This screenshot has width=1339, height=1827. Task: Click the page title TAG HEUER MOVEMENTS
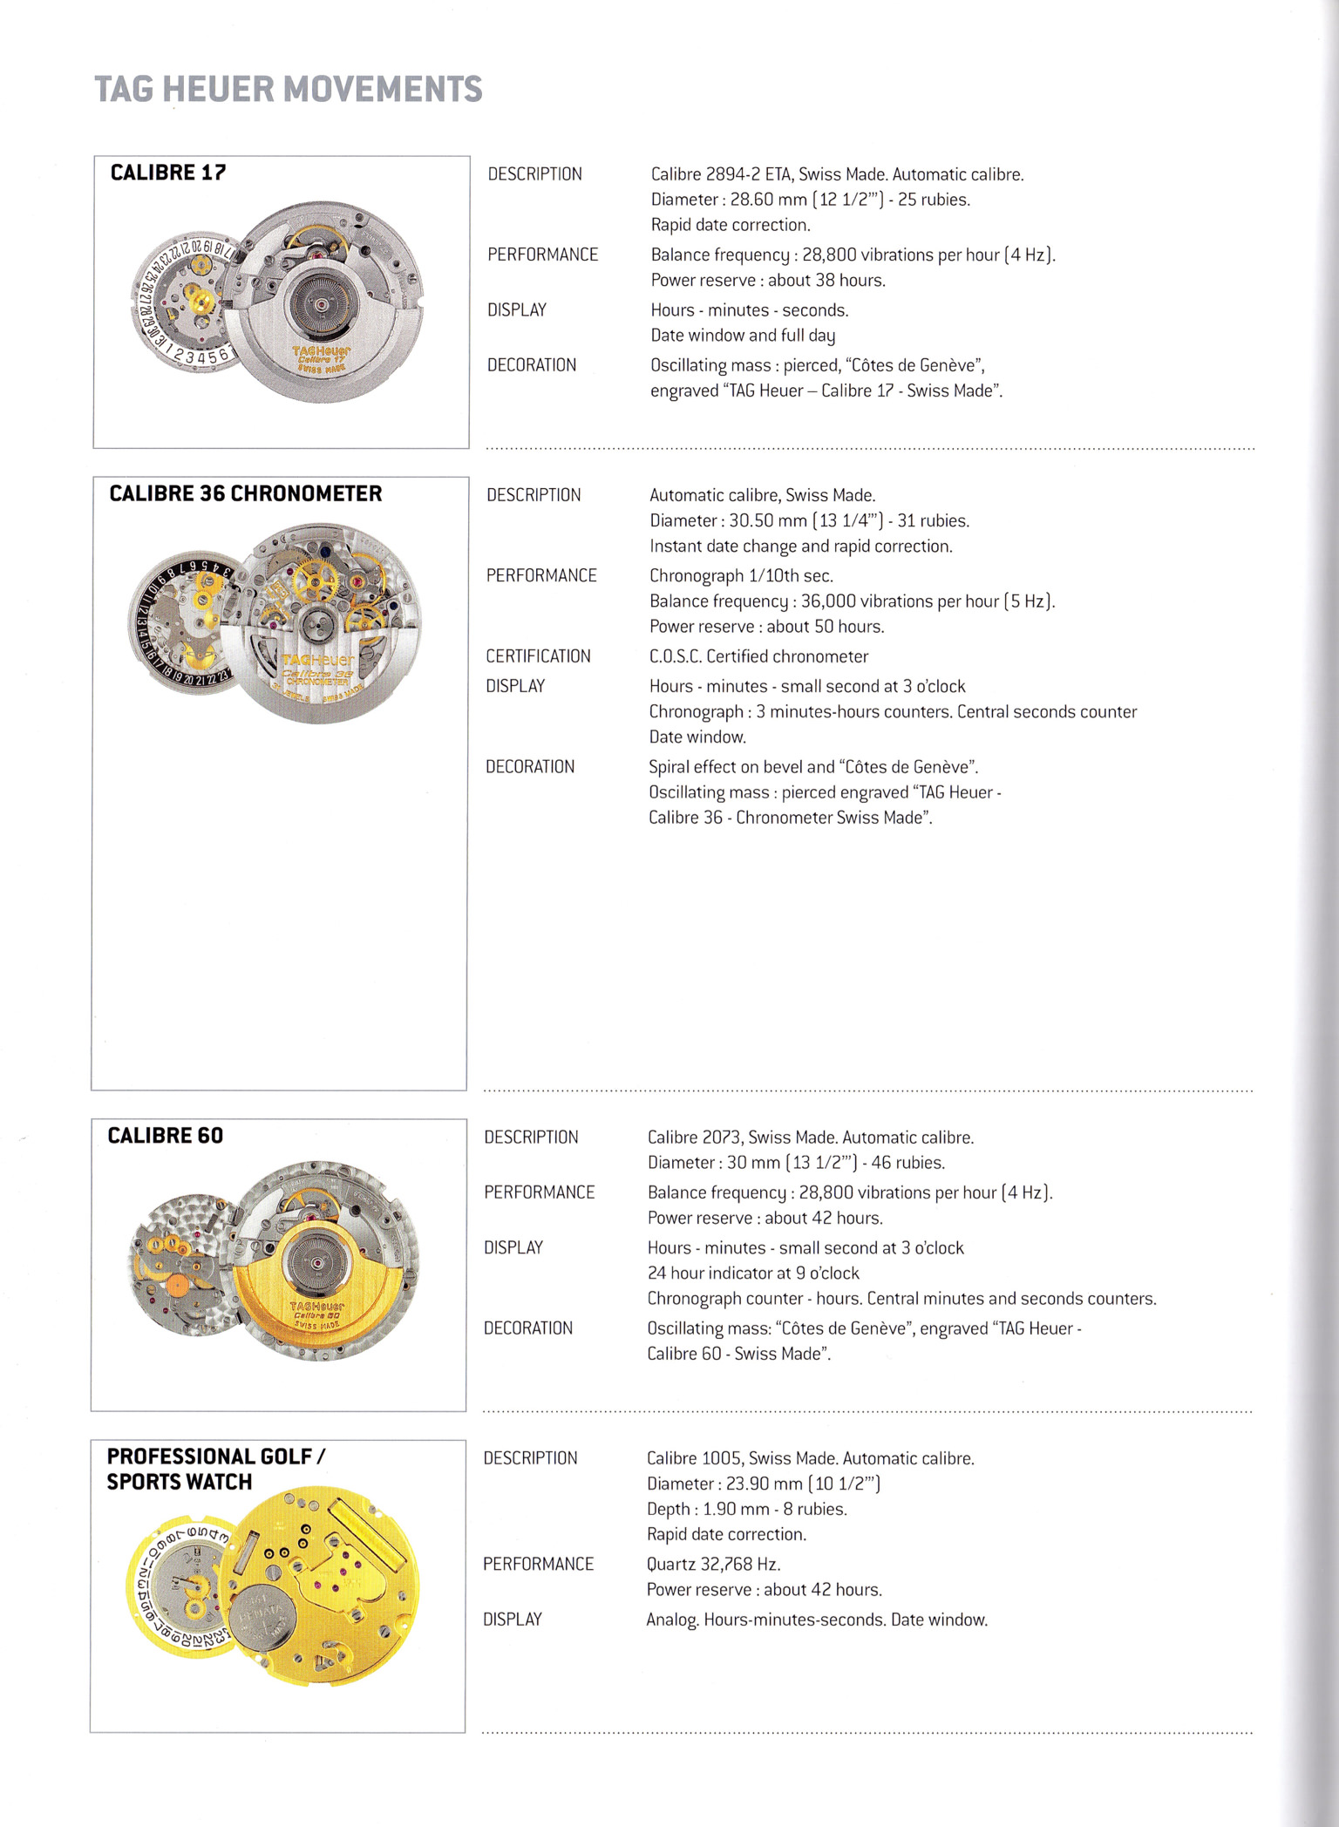click(288, 89)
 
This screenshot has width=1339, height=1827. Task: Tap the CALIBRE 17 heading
click(168, 173)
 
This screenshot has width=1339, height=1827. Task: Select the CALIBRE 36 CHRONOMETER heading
click(245, 493)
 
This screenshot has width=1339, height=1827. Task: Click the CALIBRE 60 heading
click(165, 1135)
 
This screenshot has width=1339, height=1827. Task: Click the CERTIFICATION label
click(538, 656)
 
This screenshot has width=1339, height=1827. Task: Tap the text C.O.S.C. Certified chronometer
click(758, 656)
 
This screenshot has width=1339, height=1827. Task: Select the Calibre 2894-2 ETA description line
click(837, 174)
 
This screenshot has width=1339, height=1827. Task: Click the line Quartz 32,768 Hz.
click(713, 1564)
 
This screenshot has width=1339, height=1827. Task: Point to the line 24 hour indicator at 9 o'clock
click(752, 1273)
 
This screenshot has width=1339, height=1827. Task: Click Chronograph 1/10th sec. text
click(741, 575)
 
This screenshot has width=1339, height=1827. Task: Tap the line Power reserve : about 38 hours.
click(767, 280)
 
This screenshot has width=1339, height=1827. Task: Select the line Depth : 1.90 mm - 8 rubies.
click(746, 1509)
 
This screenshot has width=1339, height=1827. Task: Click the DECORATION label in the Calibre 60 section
click(528, 1328)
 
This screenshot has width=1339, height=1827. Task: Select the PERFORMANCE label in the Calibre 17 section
click(542, 255)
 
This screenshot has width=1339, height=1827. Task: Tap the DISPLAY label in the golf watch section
click(513, 1620)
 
